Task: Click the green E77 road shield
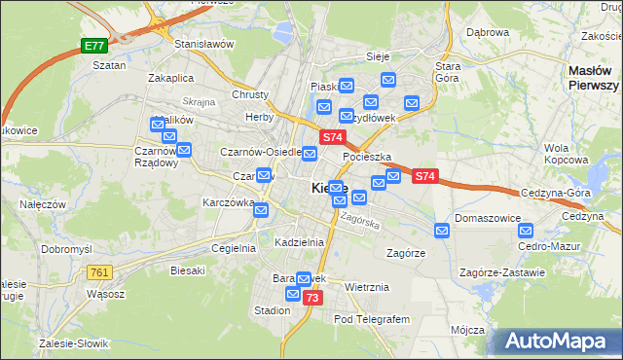[93, 46]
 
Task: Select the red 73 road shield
[311, 298]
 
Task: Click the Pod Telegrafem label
[372, 319]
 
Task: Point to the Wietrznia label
[367, 287]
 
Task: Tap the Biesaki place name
[188, 270]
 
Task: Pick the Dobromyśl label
[66, 249]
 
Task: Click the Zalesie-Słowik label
[74, 343]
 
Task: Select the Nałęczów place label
[42, 204]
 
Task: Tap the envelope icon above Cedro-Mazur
[527, 231]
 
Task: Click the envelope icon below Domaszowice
[442, 230]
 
